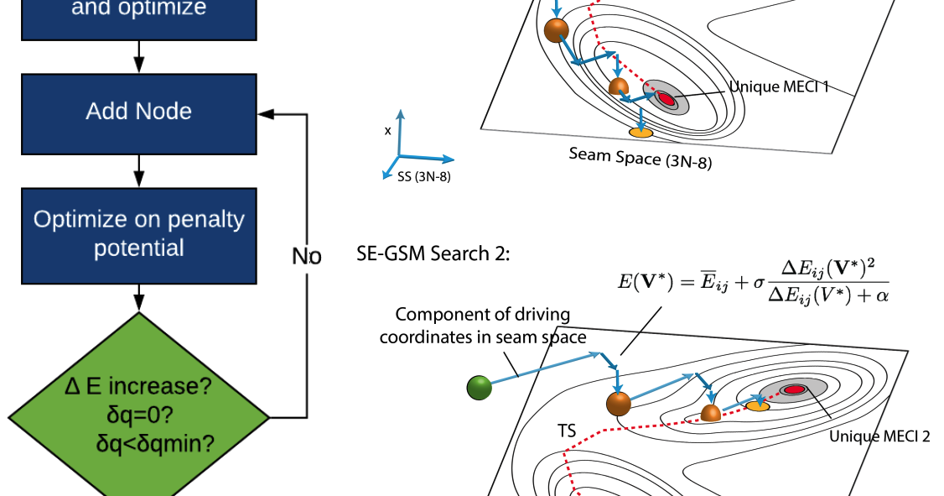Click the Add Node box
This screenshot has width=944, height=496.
pyautogui.click(x=139, y=112)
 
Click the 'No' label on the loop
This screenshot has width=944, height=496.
pyautogui.click(x=306, y=256)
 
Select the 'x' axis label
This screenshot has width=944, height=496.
pyautogui.click(x=387, y=131)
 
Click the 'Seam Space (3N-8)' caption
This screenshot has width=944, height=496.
pyautogui.click(x=640, y=158)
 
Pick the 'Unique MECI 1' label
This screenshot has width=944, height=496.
pyautogui.click(x=778, y=86)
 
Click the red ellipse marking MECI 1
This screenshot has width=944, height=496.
pyautogui.click(x=666, y=99)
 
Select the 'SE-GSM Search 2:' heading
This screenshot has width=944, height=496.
pyautogui.click(x=432, y=254)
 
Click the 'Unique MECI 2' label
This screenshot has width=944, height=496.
pyautogui.click(x=879, y=436)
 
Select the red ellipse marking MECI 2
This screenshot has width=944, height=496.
pyautogui.click(x=792, y=389)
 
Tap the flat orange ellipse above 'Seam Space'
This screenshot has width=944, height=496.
pyautogui.click(x=641, y=133)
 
